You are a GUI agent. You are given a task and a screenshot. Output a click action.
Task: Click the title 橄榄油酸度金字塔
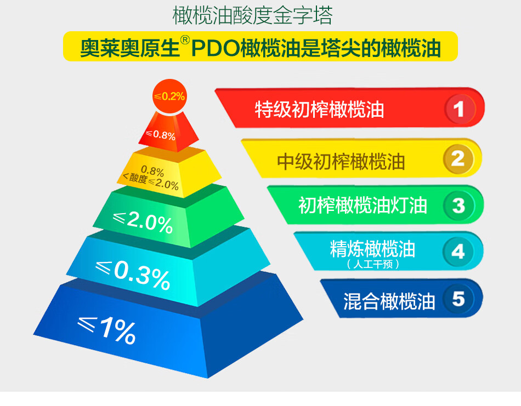coord(252,15)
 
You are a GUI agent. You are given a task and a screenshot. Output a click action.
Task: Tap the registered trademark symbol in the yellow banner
coord(185,40)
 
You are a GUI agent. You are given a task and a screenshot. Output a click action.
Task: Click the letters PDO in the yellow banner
coord(216,48)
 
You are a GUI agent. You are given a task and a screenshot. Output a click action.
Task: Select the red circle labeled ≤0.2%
coord(169,96)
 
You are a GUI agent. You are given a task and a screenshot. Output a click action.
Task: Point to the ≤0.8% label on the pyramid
coord(161,135)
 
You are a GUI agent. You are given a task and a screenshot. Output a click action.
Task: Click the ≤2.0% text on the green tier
coord(143,222)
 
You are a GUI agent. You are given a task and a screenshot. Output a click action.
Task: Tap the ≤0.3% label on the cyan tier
coord(133,275)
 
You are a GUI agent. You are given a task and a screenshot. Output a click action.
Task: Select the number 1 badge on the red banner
coord(460,108)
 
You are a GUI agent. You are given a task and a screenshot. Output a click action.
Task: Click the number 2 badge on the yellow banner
coord(458,158)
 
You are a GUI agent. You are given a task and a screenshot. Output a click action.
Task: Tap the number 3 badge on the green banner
coord(458,205)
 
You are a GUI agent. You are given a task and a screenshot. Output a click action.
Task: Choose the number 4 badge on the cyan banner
coord(458,251)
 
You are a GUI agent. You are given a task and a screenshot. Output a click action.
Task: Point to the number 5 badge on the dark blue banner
coord(458,299)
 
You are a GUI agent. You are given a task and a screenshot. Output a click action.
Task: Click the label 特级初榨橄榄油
coord(319,110)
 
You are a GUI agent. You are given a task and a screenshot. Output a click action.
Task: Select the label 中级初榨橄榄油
coord(341,161)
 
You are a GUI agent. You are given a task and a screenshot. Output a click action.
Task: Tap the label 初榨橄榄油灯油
coord(363,205)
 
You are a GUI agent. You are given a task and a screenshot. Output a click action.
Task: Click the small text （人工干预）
coord(372,264)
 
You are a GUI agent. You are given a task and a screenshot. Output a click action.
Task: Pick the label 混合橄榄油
coord(389,301)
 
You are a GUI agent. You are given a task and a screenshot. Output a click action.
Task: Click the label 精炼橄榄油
coord(372,249)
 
